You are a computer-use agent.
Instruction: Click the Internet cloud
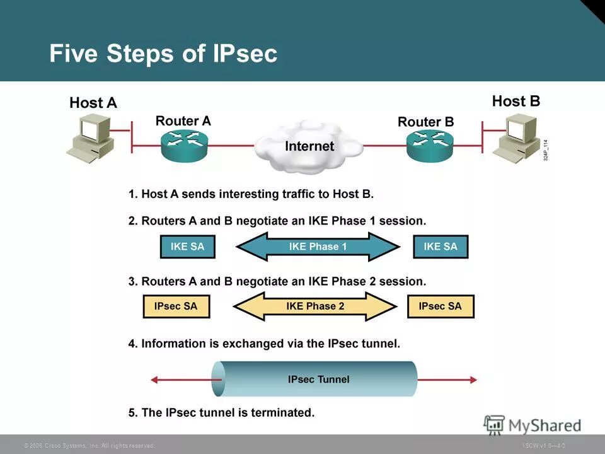[309, 147]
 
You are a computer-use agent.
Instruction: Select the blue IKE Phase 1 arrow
[318, 247]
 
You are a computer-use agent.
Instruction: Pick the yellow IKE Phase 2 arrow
[315, 306]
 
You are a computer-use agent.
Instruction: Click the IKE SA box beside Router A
[187, 247]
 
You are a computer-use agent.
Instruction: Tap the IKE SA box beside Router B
[441, 247]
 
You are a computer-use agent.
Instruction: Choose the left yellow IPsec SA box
[176, 306]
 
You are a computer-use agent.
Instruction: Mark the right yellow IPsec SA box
[440, 306]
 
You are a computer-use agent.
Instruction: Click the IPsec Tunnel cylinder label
[318, 380]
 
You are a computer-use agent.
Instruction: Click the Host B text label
[516, 101]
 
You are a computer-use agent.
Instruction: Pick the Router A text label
[183, 120]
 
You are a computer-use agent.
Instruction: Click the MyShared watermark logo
[533, 425]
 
